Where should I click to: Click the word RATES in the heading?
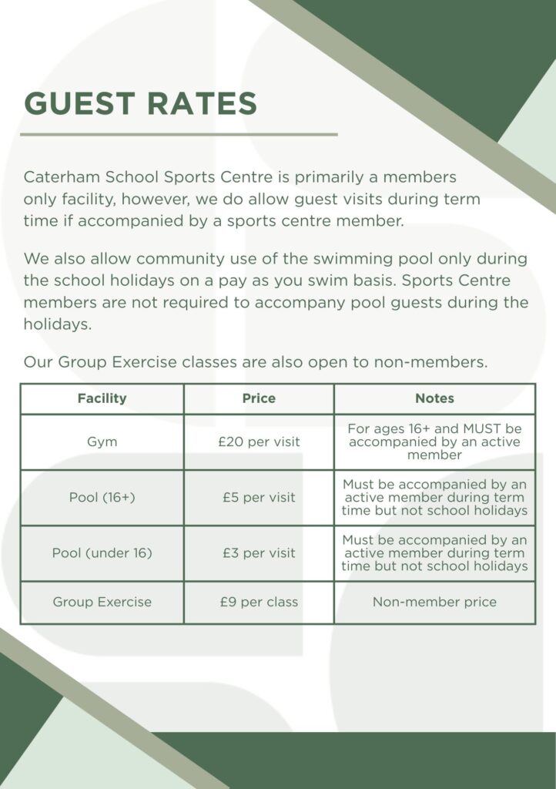[x=203, y=104]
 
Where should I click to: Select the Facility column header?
[x=102, y=398]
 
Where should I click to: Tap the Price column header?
[x=259, y=398]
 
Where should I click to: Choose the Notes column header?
[x=434, y=398]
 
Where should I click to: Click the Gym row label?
[x=102, y=442]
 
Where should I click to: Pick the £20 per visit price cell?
[x=259, y=442]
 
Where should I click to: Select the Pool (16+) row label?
[x=102, y=498]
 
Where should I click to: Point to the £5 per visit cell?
[x=259, y=498]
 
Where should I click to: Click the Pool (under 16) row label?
[x=102, y=553]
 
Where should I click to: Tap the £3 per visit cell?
[x=259, y=553]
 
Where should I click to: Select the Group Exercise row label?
[x=102, y=603]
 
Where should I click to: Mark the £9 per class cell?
[x=259, y=603]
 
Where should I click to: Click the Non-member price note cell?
[x=434, y=603]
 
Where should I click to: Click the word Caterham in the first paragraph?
[x=61, y=178]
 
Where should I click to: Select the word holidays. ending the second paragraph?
[x=58, y=324]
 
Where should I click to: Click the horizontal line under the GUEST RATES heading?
[x=179, y=134]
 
